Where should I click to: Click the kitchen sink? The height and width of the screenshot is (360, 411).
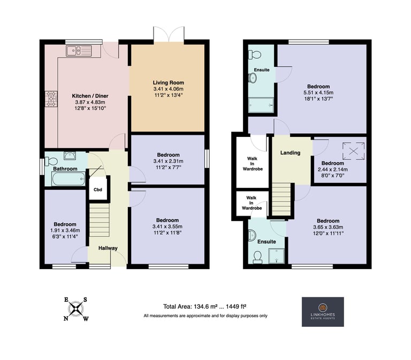pos(79,51)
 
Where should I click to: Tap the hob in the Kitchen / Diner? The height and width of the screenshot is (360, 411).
pos(51,99)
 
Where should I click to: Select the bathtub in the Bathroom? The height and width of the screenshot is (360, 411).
pos(68,179)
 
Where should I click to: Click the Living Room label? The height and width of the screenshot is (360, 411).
pos(168,83)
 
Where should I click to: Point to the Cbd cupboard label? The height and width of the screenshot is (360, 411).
pos(98,189)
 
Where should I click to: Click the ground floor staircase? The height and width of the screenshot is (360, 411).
pos(100,220)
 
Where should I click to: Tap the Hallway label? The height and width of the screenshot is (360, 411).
pos(108,248)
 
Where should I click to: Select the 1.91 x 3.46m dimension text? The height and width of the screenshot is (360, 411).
pos(65,231)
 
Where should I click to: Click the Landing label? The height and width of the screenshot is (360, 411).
pos(290,152)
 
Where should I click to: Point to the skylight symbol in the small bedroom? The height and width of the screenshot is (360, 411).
pos(353,151)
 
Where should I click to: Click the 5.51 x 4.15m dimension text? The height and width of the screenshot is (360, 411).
pos(318,93)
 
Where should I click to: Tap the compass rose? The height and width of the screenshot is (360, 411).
pos(76,309)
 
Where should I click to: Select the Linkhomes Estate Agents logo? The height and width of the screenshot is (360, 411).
pos(323,312)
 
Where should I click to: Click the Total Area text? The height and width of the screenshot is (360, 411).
pos(204,307)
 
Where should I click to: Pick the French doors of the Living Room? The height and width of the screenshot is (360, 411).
pos(169,34)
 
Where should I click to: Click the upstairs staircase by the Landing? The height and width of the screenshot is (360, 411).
pos(281,200)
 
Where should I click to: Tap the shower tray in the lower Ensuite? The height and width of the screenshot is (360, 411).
pos(277,256)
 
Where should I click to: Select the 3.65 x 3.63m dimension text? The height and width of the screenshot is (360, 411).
pos(328,227)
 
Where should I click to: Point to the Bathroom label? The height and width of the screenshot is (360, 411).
pos(65,168)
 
